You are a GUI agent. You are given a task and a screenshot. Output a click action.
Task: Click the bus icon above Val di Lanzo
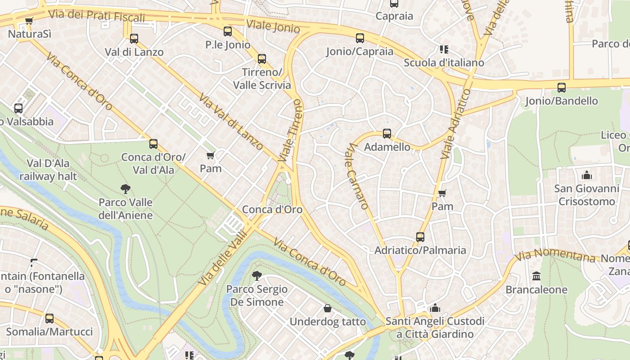pyautogui.click(x=134, y=39)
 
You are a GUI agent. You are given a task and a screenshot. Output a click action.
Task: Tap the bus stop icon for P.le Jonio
pyautogui.click(x=228, y=31)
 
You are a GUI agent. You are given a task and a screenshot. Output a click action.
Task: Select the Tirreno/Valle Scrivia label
pyautogui.click(x=261, y=79)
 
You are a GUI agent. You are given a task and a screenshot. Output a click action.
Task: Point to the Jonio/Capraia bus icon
pyautogui.click(x=360, y=38)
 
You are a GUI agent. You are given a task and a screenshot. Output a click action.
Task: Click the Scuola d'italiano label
pyautogui.click(x=444, y=63)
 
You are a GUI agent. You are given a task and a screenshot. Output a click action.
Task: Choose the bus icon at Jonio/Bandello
pyautogui.click(x=562, y=88)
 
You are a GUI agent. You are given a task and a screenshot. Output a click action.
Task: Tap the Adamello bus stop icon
pyautogui.click(x=387, y=134)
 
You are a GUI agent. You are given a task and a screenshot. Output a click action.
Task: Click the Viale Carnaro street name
pyautogui.click(x=358, y=176)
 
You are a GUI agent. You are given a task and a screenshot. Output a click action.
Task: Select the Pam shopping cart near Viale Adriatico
pyautogui.click(x=442, y=193)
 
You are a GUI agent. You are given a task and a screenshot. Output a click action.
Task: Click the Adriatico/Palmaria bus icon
pyautogui.click(x=420, y=237)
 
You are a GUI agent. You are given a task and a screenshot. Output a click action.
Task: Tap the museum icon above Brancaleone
pyautogui.click(x=536, y=276)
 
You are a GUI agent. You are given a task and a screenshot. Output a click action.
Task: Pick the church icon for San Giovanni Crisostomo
pyautogui.click(x=587, y=175)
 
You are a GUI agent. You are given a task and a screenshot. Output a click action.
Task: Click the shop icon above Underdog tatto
pyautogui.click(x=328, y=308)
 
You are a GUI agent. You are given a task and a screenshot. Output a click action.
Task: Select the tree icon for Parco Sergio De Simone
pyautogui.click(x=257, y=275)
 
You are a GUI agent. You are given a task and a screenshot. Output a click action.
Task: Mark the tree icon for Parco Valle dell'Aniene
pyautogui.click(x=126, y=189)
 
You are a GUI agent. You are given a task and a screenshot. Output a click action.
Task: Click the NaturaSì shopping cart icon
pyautogui.click(x=29, y=21)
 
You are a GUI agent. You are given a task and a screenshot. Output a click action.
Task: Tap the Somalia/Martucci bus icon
pyautogui.click(x=49, y=319)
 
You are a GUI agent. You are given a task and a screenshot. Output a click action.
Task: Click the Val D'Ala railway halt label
pyautogui.click(x=48, y=170)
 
